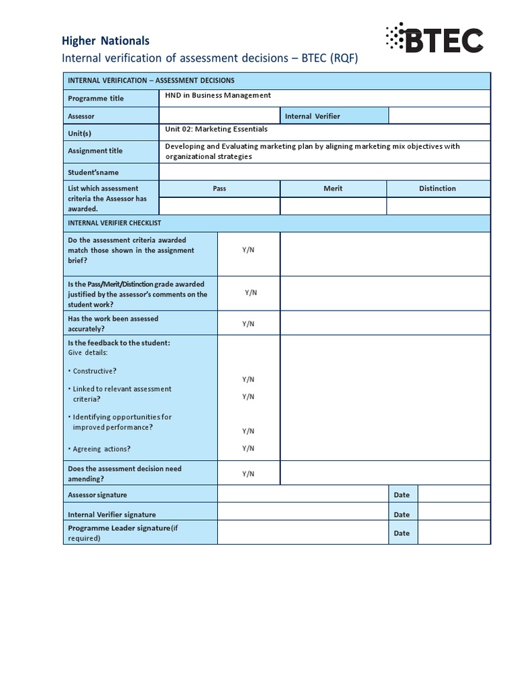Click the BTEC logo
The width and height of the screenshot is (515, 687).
click(433, 40)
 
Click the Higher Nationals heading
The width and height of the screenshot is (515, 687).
click(105, 41)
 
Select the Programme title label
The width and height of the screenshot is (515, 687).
click(96, 98)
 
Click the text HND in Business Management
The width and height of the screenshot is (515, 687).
click(218, 95)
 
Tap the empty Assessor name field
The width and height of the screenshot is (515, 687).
click(219, 116)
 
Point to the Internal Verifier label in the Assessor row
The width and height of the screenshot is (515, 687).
click(312, 116)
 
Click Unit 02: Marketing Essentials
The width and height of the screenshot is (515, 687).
click(216, 129)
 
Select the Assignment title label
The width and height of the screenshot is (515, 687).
click(95, 151)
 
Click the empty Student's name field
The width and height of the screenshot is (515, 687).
click(324, 172)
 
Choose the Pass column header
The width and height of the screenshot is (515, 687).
click(219, 189)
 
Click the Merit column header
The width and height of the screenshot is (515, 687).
click(333, 189)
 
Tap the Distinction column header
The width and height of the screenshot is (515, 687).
click(437, 189)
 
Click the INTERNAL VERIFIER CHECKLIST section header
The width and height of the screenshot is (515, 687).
click(114, 223)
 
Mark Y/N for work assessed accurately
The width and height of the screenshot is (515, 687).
click(248, 323)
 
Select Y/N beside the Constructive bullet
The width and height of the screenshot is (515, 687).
click(248, 379)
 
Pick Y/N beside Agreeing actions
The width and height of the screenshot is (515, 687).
click(248, 448)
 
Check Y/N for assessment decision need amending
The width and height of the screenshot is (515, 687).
click(248, 474)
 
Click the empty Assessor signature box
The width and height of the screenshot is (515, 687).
click(303, 494)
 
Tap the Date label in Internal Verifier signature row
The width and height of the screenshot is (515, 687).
click(402, 515)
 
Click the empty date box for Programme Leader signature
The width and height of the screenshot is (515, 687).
click(454, 533)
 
